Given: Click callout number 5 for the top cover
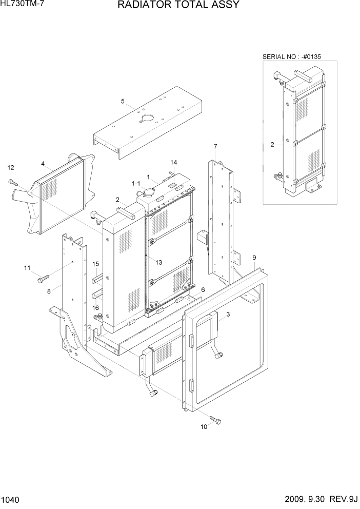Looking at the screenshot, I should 123,101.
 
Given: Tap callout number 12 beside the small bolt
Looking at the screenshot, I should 10,167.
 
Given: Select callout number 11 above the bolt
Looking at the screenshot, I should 27,267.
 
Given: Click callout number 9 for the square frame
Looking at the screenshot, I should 254,257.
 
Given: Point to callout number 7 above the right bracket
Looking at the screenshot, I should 215,146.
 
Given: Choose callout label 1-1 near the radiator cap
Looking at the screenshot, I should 136,183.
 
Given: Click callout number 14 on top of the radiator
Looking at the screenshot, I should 174,162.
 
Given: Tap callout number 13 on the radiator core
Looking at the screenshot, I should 159,262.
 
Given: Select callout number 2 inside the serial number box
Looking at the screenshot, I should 272,145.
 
